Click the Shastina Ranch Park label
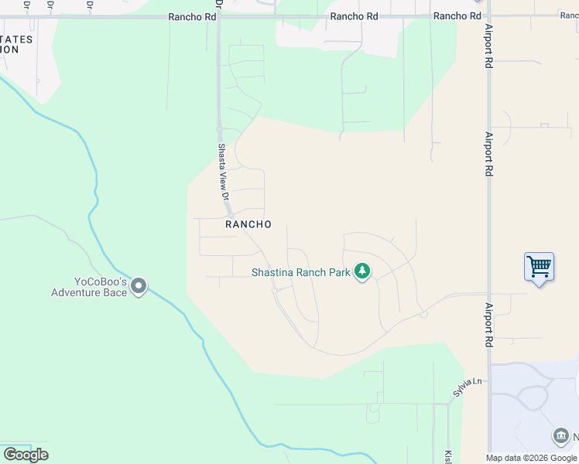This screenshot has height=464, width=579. [x=300, y=271]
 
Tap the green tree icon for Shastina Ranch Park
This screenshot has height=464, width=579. [x=361, y=271]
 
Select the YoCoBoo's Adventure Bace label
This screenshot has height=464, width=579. [x=88, y=287]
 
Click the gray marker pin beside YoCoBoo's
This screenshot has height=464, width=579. [x=139, y=287]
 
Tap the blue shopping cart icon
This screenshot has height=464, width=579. [x=539, y=267]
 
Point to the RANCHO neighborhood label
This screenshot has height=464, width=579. [x=248, y=224]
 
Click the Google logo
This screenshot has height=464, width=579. [x=26, y=455]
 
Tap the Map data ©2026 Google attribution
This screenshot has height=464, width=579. [x=531, y=458]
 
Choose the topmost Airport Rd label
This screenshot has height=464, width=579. [x=488, y=46]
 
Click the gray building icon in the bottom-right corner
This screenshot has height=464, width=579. [x=561, y=436]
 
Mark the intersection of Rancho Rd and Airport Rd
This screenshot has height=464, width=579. [x=488, y=16]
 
